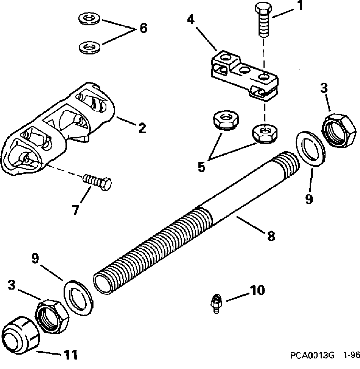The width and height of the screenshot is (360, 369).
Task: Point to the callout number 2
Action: click(x=142, y=128)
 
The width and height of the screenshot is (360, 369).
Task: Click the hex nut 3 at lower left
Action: click(x=52, y=316)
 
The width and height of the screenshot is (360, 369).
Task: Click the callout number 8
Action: click(x=271, y=236)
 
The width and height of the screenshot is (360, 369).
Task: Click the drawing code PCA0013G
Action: click(x=312, y=356)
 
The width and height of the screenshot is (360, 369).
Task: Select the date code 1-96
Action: click(x=351, y=356)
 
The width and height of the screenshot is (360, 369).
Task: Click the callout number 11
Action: click(x=70, y=355)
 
